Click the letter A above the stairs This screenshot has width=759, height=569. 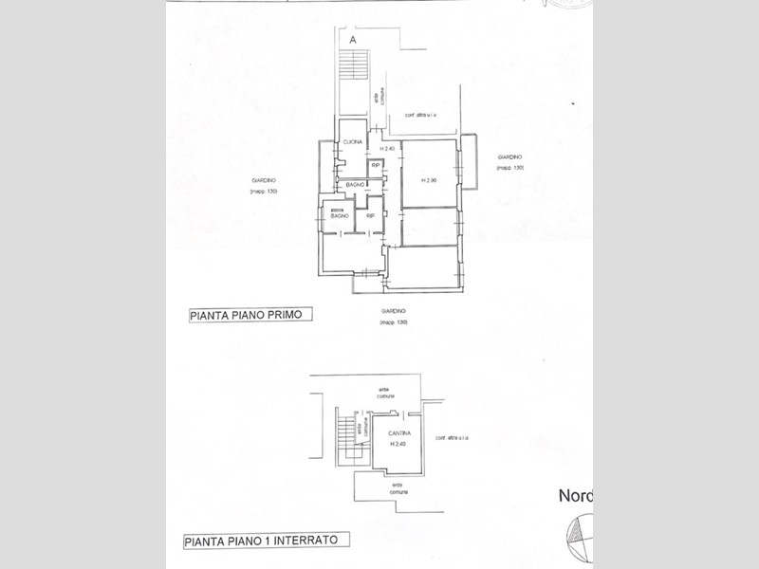pos(353,42)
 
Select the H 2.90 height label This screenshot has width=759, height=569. pos(426,181)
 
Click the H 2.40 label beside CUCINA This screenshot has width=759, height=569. pos(387,149)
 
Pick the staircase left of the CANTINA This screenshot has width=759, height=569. pos(344,438)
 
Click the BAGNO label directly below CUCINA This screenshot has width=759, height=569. pos(356,184)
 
